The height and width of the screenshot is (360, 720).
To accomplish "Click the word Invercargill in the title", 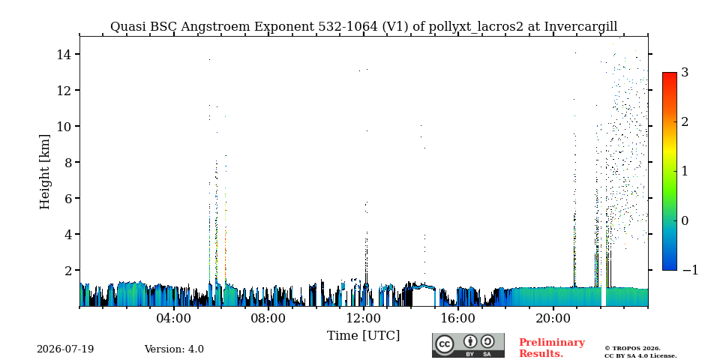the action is [x=580, y=27].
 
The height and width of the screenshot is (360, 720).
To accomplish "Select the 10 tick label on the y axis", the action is [x=64, y=126].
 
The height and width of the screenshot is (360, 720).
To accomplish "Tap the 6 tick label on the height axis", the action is [x=68, y=198].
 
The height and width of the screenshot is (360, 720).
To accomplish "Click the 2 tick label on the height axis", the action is [x=68, y=271].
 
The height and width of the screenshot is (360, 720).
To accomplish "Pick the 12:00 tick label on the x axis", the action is [x=363, y=318].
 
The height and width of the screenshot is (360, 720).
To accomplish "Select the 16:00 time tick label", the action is [x=457, y=318].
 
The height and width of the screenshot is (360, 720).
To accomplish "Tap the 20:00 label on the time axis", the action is [x=553, y=318].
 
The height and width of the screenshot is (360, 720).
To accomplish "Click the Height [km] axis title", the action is [x=44, y=172].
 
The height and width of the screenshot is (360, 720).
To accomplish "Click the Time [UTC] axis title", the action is [x=363, y=336].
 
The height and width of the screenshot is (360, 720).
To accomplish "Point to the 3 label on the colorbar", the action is [x=685, y=72].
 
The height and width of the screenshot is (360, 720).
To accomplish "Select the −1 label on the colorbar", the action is [x=690, y=270].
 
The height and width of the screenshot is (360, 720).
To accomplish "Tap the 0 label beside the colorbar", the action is [x=685, y=220].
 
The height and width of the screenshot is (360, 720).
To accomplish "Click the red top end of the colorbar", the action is [x=670, y=74].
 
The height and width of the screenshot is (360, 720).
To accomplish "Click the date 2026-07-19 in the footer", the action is [x=65, y=349].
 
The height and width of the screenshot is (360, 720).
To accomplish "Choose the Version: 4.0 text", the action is [x=174, y=349].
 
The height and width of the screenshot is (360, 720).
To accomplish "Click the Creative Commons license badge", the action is [x=468, y=345].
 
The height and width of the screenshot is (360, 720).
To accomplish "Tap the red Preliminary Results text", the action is [x=552, y=348].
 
